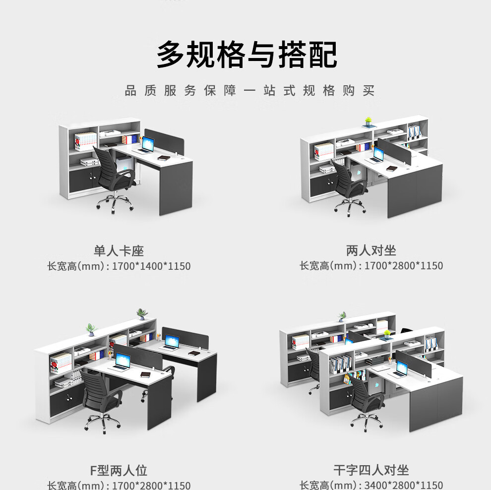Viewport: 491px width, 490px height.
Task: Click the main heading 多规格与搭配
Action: [x=247, y=55]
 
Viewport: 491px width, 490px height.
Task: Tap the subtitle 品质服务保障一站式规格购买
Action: [x=249, y=91]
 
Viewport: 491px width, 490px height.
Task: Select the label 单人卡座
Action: [x=119, y=251]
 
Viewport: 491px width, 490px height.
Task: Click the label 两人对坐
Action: [x=371, y=250]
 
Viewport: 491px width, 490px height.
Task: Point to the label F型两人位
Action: [x=119, y=470]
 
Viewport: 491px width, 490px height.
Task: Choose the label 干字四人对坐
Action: [x=371, y=470]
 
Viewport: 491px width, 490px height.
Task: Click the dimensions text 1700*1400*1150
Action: [x=151, y=266]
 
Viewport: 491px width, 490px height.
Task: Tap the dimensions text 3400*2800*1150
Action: [x=404, y=485]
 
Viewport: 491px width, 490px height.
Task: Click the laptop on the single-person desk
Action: [x=146, y=145]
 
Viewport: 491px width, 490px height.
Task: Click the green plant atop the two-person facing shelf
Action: [x=368, y=122]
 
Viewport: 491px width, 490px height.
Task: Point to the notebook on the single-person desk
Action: [x=164, y=158]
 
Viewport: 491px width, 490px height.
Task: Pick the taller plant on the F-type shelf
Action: [x=142, y=314]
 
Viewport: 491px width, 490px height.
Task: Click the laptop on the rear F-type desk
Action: [x=170, y=343]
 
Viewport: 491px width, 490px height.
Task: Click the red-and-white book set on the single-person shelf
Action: [x=85, y=141]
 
